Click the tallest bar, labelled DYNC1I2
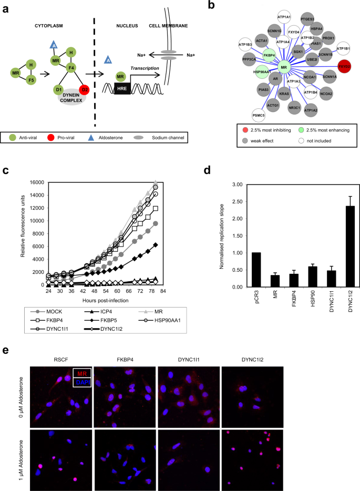(x=336, y=247)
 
